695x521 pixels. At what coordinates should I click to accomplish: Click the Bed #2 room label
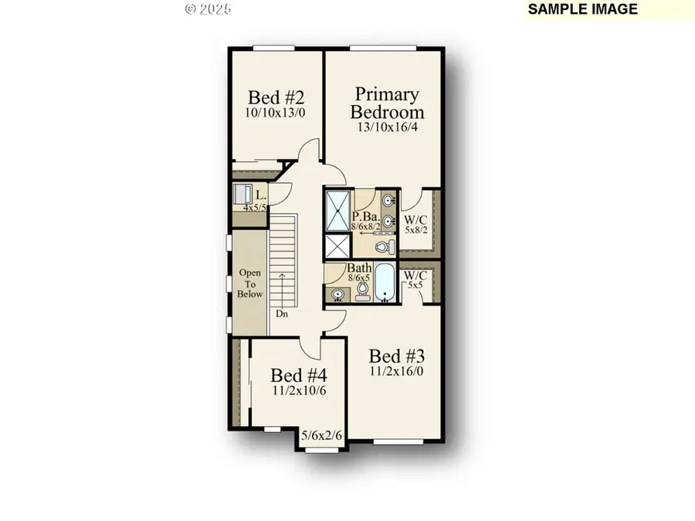point(276,98)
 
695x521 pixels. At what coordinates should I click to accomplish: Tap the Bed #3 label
point(395,357)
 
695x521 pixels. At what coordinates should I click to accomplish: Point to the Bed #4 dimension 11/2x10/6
point(299,391)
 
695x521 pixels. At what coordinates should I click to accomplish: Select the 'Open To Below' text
point(250,283)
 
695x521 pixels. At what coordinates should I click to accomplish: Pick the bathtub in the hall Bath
point(385,289)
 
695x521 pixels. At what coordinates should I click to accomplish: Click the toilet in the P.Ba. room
point(382,247)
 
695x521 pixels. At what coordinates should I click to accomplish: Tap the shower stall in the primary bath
point(337,208)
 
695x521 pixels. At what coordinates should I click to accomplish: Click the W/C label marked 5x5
point(415,279)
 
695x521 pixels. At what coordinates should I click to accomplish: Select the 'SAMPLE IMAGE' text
point(583,9)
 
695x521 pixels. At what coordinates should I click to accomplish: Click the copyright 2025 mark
point(208,9)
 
